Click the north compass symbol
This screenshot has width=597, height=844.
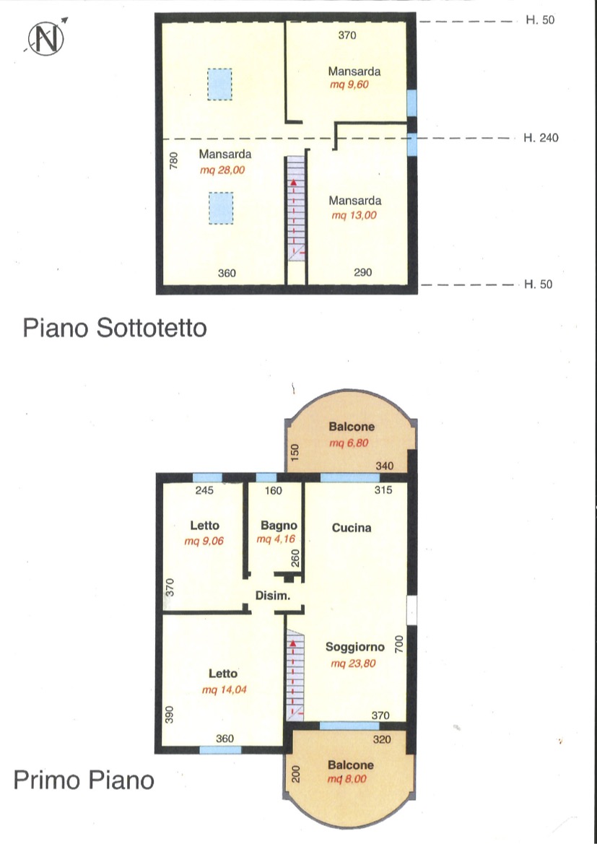click(46, 38)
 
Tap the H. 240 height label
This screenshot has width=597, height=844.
click(541, 139)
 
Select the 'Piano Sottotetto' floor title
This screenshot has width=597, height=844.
click(115, 328)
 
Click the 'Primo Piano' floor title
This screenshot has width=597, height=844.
click(84, 780)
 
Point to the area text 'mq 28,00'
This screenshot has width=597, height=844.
click(225, 170)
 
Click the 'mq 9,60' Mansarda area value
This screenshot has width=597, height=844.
click(349, 84)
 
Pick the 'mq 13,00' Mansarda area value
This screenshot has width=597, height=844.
click(354, 215)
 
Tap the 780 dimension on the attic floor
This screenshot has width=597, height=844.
click(174, 161)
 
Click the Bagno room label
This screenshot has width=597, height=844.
click(279, 525)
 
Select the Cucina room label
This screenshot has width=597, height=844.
click(352, 528)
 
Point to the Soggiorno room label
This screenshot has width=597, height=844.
click(354, 647)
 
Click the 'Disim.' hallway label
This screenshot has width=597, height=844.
click(273, 596)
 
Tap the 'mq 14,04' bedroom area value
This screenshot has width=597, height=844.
click(225, 689)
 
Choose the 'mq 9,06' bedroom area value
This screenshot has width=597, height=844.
click(204, 541)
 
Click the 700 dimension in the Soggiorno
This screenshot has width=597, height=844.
click(399, 644)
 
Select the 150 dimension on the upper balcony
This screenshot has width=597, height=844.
click(295, 453)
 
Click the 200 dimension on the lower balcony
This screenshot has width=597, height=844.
click(295, 773)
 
